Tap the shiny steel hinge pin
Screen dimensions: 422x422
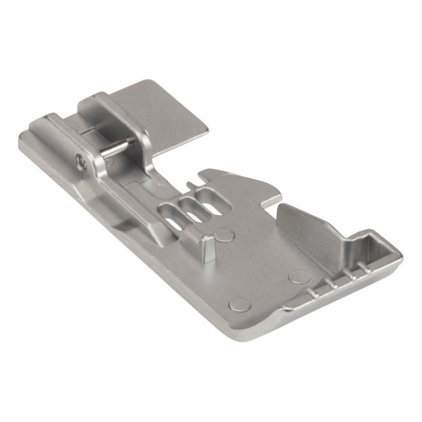[x=116, y=148]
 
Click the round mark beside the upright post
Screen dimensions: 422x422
[x=225, y=235]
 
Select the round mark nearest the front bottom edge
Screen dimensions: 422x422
[x=240, y=304]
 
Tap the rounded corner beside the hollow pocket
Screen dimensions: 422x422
[x=395, y=253]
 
